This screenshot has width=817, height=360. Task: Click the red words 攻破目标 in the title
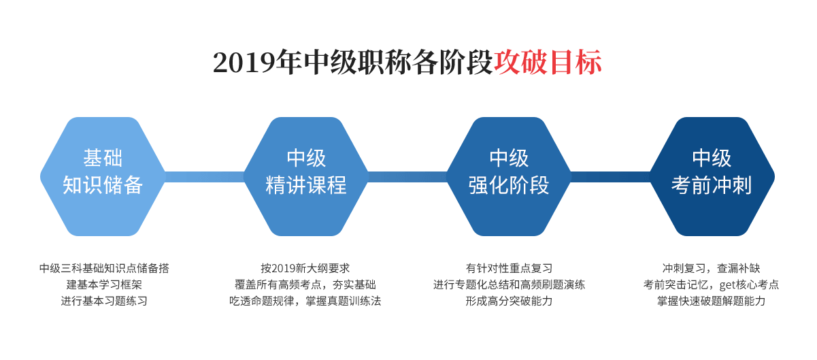(x=547, y=62)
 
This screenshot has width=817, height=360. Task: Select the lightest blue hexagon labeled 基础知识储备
(x=103, y=176)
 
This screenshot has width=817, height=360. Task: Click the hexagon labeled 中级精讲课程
(x=306, y=176)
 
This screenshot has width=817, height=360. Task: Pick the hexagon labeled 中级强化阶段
(x=509, y=176)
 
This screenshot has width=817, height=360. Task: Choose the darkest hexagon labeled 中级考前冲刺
(x=712, y=176)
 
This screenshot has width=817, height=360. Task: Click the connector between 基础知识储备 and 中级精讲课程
(x=204, y=177)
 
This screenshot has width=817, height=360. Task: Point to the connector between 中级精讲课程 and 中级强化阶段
(x=407, y=177)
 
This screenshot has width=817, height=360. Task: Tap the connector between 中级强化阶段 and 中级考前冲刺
(x=610, y=177)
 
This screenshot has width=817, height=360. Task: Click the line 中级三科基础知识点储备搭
(x=104, y=268)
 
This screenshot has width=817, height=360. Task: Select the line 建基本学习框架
(x=104, y=284)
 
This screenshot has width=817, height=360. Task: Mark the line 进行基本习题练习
(x=104, y=301)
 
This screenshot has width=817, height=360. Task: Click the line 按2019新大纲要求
(x=305, y=268)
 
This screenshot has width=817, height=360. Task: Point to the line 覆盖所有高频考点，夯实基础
(x=305, y=284)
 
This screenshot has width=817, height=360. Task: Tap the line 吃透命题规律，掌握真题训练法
(x=305, y=301)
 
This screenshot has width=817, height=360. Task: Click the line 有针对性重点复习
(x=509, y=268)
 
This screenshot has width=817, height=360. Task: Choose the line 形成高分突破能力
(x=509, y=301)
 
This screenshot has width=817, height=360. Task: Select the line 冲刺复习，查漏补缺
(x=712, y=268)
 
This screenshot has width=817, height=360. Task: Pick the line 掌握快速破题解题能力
(x=712, y=301)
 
